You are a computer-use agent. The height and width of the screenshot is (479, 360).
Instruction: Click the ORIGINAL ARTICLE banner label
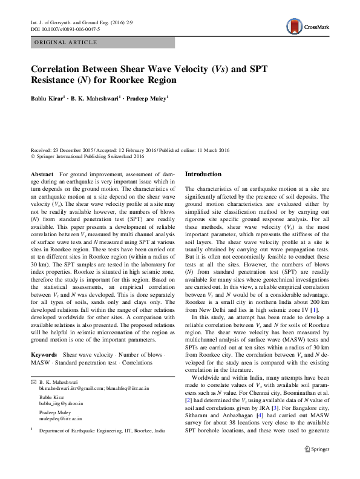pos(67,42)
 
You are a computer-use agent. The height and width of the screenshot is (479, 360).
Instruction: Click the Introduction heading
pos(203,174)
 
